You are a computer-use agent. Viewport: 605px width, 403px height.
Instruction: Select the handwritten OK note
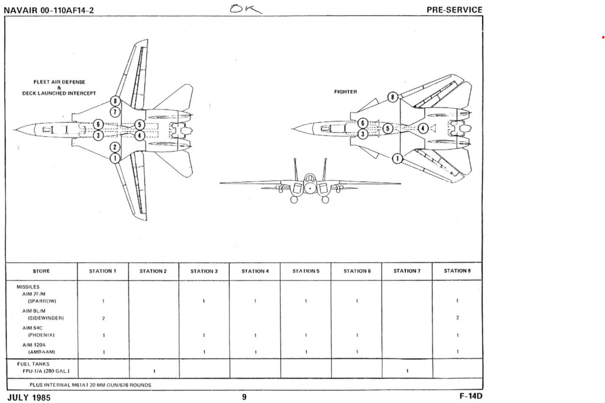pyautogui.click(x=249, y=8)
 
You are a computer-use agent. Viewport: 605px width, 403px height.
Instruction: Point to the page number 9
pyautogui.click(x=244, y=397)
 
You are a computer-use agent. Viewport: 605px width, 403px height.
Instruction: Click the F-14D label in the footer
pyautogui.click(x=470, y=396)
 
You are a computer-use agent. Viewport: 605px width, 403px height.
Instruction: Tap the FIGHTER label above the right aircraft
pyautogui.click(x=346, y=92)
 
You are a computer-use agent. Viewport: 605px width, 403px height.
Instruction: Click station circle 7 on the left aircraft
pyautogui.click(x=116, y=111)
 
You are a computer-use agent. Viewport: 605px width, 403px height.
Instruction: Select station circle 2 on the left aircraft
pyautogui.click(x=116, y=147)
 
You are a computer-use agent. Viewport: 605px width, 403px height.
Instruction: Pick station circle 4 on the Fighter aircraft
pyautogui.click(x=423, y=128)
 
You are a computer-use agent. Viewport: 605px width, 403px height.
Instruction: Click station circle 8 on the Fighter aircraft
pyautogui.click(x=391, y=96)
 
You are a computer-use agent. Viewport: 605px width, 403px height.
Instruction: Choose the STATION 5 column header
pyautogui.click(x=305, y=271)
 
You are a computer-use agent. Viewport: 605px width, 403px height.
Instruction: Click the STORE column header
pyautogui.click(x=41, y=271)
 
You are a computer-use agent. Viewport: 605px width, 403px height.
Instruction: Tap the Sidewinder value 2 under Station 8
pyautogui.click(x=457, y=318)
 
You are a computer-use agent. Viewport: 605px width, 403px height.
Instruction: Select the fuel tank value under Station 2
pyautogui.click(x=154, y=371)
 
